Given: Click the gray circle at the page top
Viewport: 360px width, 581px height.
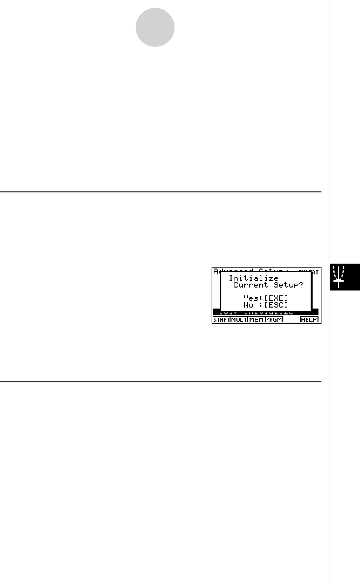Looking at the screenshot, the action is pos(155,28).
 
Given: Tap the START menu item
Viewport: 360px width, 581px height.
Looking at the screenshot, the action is pos(221,320).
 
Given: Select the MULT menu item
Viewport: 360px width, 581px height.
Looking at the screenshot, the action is pos(238,320).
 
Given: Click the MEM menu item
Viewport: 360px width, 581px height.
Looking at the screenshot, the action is pos(256,320).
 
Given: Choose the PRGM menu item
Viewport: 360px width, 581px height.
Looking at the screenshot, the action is pos(274,320).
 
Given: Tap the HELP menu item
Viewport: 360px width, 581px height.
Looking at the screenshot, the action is pos(309,320).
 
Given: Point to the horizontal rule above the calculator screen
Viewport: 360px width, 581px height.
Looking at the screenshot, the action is pos(161,192).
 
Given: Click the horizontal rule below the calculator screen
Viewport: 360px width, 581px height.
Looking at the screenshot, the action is pos(161,382).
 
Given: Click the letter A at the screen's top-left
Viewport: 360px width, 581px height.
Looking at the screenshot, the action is pos(214,270).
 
